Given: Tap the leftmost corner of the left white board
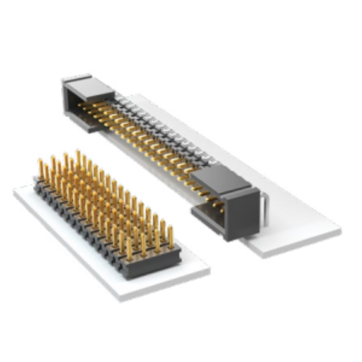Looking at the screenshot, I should (14, 192).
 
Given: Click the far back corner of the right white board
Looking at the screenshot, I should (139, 95).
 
